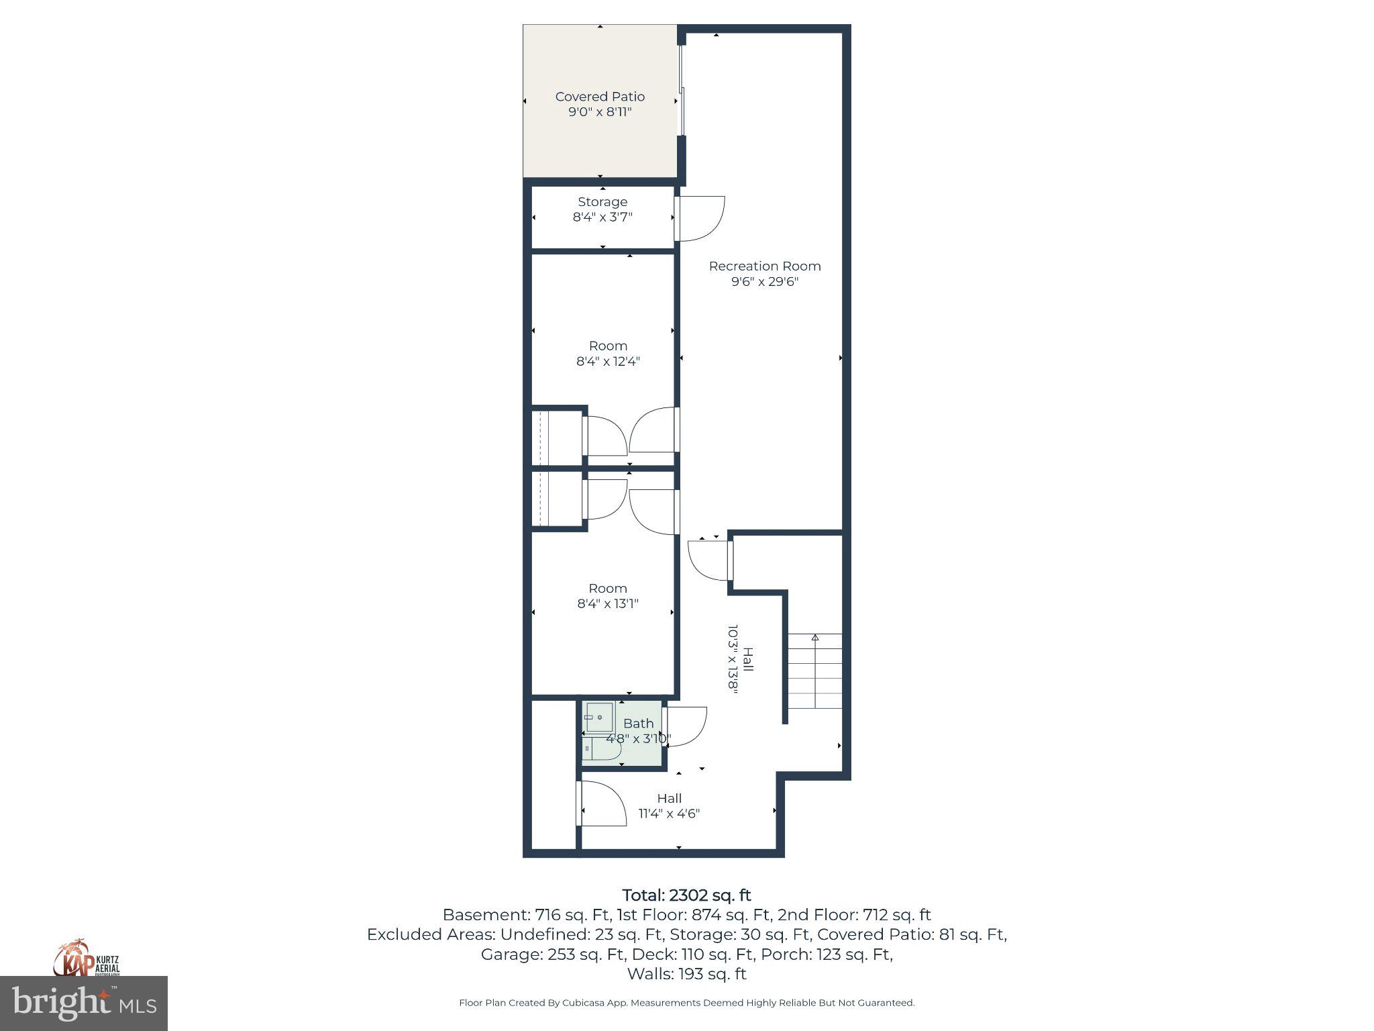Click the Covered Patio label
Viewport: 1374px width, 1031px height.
(x=600, y=97)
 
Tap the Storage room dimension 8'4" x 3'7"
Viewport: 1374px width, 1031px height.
(x=602, y=217)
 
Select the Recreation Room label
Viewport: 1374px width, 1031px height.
(x=765, y=266)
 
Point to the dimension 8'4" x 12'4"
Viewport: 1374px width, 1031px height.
(x=608, y=361)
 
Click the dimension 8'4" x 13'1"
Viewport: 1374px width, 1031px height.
(x=608, y=603)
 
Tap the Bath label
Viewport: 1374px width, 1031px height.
(x=638, y=724)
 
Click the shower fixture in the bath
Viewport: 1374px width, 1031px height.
(x=599, y=718)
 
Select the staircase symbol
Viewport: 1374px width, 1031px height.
(x=814, y=671)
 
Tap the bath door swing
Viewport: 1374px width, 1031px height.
(x=686, y=725)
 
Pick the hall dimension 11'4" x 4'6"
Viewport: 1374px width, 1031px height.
(x=669, y=814)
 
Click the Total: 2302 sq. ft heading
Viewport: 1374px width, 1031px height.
(x=686, y=895)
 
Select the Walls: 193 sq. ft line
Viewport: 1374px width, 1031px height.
(x=686, y=973)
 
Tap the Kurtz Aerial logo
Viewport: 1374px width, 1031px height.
(x=87, y=958)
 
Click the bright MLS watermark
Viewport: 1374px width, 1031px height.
(x=84, y=1003)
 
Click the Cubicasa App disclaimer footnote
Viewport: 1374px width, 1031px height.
(x=686, y=1003)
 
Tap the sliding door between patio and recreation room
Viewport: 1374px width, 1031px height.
(x=682, y=90)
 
